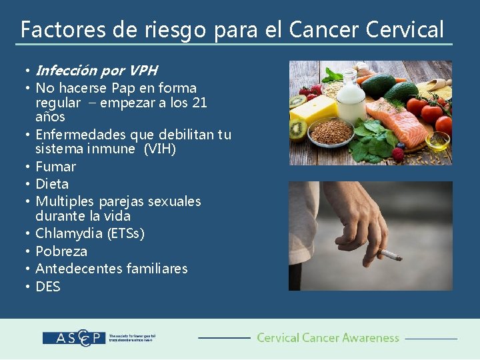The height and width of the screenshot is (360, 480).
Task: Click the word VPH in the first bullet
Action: (144, 71)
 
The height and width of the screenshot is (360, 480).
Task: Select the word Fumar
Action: (55, 167)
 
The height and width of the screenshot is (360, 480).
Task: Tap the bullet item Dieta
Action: (52, 184)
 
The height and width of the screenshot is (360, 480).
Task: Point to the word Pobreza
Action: (61, 251)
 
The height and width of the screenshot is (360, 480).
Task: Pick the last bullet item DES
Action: (47, 287)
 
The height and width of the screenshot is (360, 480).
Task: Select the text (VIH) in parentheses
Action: (160, 149)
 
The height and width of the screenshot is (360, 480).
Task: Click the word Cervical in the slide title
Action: (404, 30)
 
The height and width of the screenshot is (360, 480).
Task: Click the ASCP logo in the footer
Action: (74, 338)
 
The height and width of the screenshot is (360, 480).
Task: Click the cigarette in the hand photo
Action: (390, 255)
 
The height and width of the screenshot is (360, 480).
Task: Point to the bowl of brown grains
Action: (332, 132)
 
